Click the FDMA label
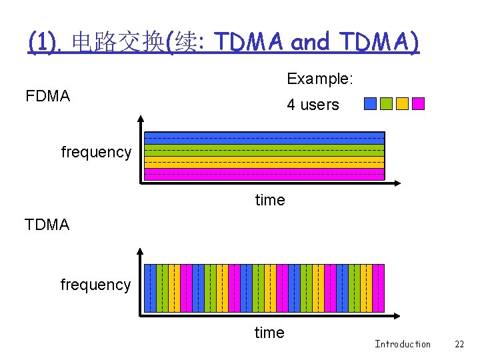pyautogui.click(x=47, y=97)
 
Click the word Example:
pyautogui.click(x=320, y=79)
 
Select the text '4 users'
pyautogui.click(x=313, y=105)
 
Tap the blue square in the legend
pyautogui.click(x=370, y=103)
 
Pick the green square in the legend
pyautogui.click(x=386, y=103)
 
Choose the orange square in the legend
pyautogui.click(x=402, y=103)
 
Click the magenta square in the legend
pyautogui.click(x=418, y=103)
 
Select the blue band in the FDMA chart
pyautogui.click(x=265, y=138)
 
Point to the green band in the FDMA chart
pyautogui.click(x=265, y=150)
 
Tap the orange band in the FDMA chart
pyautogui.click(x=265, y=162)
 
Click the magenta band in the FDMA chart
pyautogui.click(x=265, y=174)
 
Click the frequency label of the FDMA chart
pyautogui.click(x=96, y=152)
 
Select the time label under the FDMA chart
pyautogui.click(x=270, y=200)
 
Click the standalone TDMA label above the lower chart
pyautogui.click(x=47, y=225)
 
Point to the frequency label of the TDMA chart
pyautogui.click(x=95, y=285)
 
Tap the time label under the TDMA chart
pyautogui.click(x=269, y=333)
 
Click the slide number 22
pyautogui.click(x=459, y=344)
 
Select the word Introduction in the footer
pyautogui.click(x=403, y=344)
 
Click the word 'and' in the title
pyautogui.click(x=311, y=42)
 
